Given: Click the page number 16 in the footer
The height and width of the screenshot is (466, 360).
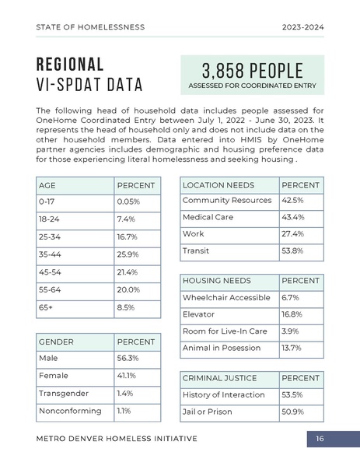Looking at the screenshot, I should (x=320, y=439).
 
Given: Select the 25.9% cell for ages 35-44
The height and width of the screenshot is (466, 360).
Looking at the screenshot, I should (x=128, y=254).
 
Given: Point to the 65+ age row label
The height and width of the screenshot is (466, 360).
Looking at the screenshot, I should (x=46, y=307).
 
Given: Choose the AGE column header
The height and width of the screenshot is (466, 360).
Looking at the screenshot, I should (x=47, y=186).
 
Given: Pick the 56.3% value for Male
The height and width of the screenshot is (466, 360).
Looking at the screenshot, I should (x=128, y=359).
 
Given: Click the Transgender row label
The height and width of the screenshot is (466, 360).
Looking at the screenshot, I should (x=64, y=394).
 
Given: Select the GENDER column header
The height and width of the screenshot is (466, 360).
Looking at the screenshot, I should (x=56, y=342).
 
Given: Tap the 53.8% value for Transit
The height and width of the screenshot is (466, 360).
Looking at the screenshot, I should (x=292, y=251).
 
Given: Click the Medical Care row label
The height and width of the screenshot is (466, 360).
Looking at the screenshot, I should (x=208, y=217).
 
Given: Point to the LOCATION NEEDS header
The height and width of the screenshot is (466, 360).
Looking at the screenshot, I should (x=218, y=185).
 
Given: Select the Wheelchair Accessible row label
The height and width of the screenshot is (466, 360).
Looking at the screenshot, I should (x=226, y=297).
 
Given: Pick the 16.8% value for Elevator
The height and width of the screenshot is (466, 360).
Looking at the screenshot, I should (x=292, y=314).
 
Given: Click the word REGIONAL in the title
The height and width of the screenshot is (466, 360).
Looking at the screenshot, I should (x=69, y=64).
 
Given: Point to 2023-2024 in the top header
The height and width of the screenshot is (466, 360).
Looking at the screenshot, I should (x=302, y=27).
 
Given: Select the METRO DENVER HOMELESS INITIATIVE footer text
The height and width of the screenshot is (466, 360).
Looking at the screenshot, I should (x=117, y=439).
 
